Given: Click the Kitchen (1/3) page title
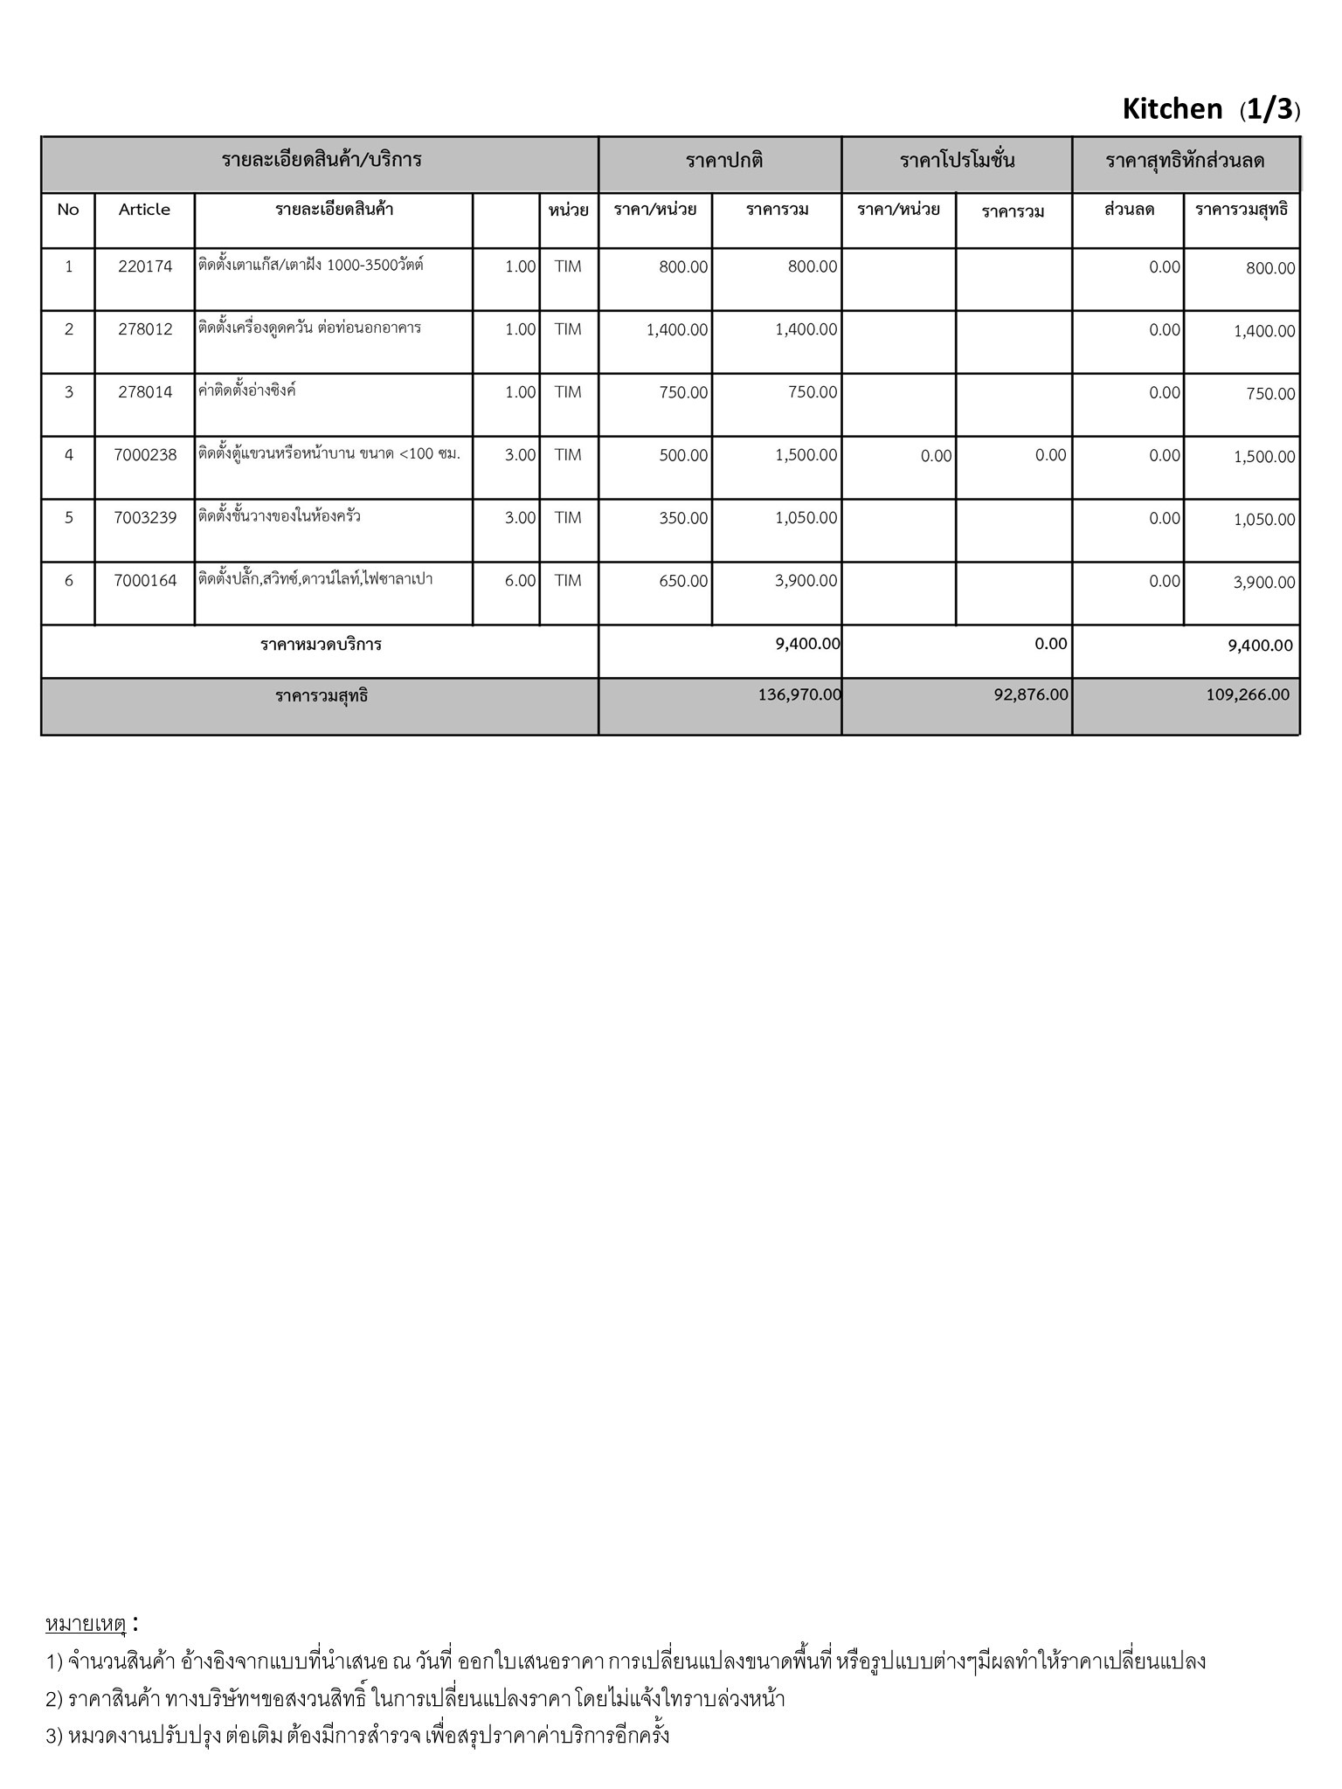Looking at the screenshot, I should (1210, 109).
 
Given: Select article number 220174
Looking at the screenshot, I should (145, 266).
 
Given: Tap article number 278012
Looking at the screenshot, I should (145, 329).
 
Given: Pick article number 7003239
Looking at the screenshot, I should (145, 518).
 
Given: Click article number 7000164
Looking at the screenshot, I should (145, 581).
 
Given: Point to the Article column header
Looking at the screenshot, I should (144, 210).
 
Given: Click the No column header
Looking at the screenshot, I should (68, 210).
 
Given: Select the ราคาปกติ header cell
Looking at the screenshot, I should (724, 161).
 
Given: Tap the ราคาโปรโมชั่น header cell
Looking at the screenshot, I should (957, 161).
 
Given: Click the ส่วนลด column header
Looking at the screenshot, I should (1129, 210).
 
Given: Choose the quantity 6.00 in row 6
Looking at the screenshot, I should (520, 581).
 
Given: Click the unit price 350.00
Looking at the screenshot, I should (683, 518).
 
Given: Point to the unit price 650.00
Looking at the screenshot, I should (683, 581).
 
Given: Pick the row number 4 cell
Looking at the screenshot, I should (69, 455).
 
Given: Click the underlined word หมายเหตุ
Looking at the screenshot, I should (86, 1624).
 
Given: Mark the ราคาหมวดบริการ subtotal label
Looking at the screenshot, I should (321, 646).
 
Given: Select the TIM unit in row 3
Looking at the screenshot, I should (567, 392).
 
